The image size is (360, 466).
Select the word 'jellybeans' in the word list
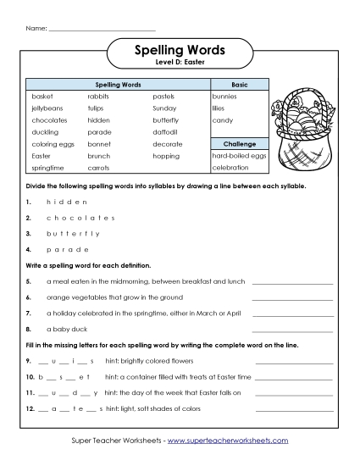pos(47,108)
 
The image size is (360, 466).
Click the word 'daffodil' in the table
pos(166,132)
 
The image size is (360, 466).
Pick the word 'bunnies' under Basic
pos(224,97)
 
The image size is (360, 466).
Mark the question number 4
pos(28,249)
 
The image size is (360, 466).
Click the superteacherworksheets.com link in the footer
pos(228,441)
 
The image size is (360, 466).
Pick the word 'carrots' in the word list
pos(99,168)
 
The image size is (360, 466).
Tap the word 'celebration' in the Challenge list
pos(230,168)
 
